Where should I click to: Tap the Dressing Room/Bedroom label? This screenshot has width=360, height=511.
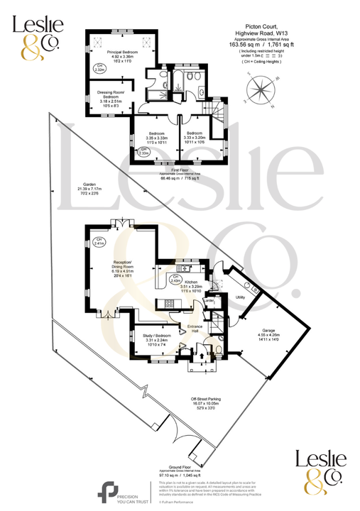(x=110, y=96)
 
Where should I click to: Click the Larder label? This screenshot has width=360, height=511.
(x=209, y=302)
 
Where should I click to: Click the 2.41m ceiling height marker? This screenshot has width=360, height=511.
(x=100, y=242)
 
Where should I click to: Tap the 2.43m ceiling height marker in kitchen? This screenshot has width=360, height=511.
(x=174, y=278)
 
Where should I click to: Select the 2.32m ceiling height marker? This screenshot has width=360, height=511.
(x=100, y=68)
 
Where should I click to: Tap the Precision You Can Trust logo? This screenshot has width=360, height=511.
(x=121, y=490)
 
